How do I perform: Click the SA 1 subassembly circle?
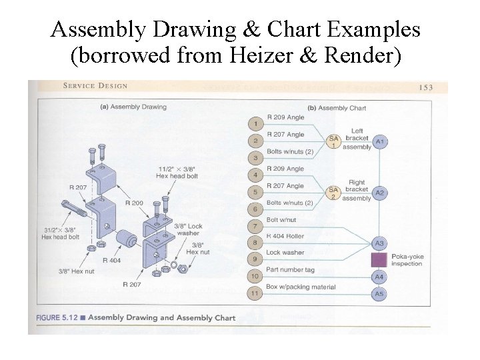(334, 141)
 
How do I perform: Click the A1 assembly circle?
(380, 142)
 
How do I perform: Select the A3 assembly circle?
(379, 243)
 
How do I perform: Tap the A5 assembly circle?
(379, 293)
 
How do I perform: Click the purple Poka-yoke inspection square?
(379, 260)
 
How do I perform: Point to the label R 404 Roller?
(285, 236)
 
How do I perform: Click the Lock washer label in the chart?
(285, 253)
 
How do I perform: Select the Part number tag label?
(291, 270)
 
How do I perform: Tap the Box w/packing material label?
(301, 287)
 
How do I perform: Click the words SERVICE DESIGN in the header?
(95, 86)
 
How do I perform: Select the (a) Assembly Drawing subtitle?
(133, 107)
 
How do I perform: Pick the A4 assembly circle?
(379, 277)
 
